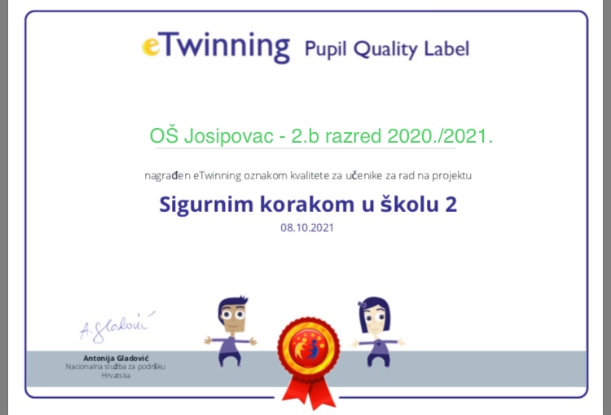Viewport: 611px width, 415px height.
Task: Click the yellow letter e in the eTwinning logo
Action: [151, 46]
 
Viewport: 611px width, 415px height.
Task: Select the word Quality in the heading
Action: [385, 50]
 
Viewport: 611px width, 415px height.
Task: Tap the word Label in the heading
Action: [446, 48]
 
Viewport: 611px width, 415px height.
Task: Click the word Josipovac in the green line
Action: [228, 136]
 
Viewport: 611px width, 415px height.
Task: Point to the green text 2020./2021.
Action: [440, 136]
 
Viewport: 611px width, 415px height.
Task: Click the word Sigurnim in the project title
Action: [207, 205]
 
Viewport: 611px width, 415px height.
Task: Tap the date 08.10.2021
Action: [307, 227]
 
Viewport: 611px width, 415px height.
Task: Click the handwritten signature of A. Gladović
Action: [116, 327]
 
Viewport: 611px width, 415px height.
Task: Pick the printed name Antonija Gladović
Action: [116, 358]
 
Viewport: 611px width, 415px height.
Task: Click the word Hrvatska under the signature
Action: [116, 376]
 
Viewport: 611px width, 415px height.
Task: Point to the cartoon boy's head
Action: [233, 314]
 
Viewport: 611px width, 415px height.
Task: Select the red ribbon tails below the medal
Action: [309, 392]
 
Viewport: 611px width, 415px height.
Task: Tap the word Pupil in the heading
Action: [325, 50]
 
